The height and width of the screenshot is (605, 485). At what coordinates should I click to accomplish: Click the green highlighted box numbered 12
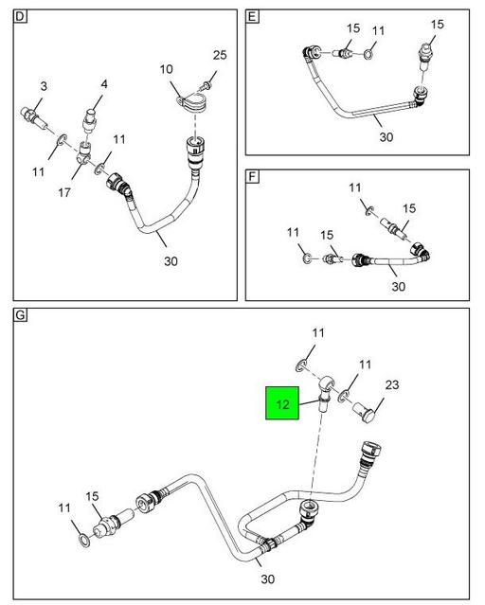(x=282, y=402)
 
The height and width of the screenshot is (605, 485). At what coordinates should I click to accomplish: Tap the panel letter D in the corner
(x=20, y=16)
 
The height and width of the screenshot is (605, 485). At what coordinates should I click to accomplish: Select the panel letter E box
(x=252, y=17)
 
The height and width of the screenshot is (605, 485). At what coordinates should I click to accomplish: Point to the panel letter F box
(x=252, y=176)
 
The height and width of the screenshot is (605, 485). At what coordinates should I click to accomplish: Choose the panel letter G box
(x=20, y=315)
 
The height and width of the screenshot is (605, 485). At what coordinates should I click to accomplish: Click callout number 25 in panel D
(x=220, y=55)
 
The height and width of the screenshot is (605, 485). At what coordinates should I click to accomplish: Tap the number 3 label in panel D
(x=44, y=86)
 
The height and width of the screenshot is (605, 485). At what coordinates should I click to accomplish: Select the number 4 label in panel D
(x=104, y=84)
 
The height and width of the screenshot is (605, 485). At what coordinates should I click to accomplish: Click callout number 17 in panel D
(x=64, y=192)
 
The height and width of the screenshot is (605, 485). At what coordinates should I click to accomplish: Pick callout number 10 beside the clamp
(x=167, y=69)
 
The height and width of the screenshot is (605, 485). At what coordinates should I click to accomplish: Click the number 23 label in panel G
(x=392, y=384)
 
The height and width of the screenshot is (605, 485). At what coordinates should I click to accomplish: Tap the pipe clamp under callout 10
(x=190, y=102)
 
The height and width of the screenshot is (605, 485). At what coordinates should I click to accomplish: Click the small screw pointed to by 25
(x=207, y=85)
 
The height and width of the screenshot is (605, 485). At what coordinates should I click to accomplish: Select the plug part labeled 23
(x=365, y=412)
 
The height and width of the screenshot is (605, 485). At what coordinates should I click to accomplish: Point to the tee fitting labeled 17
(x=84, y=152)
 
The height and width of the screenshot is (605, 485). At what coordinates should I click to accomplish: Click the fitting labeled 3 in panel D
(x=34, y=118)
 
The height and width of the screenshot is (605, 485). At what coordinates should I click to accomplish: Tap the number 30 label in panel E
(x=386, y=137)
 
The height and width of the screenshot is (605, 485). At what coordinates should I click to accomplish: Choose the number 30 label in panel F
(x=399, y=286)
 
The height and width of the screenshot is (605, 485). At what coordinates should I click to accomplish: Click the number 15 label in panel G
(x=92, y=496)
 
